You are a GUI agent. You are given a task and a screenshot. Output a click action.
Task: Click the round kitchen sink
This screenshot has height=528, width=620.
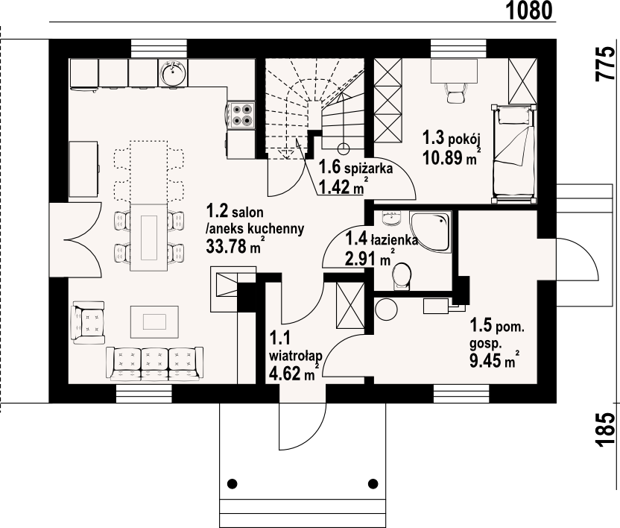[x=173, y=73]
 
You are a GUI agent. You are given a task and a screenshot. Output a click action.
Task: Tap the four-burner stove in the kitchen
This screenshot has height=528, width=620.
[x=241, y=115]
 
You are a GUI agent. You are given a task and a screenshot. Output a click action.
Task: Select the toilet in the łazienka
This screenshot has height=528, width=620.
[x=402, y=276]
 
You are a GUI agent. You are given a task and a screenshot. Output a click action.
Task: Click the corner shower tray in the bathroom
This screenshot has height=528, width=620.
[x=431, y=231]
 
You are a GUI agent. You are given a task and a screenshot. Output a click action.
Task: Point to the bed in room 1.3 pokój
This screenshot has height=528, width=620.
[x=514, y=154]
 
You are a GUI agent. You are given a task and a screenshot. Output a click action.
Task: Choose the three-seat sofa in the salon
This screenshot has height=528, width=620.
[x=154, y=364]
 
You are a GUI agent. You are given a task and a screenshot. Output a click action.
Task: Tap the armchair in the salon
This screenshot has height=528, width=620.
[x=89, y=322]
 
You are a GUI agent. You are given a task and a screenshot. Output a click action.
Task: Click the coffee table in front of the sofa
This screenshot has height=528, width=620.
[x=154, y=321]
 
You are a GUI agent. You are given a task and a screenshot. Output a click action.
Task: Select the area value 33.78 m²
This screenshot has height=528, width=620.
[x=234, y=246]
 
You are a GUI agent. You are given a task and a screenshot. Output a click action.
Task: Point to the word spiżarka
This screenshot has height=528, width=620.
[x=368, y=169]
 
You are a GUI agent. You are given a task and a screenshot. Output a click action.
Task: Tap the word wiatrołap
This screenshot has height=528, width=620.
[x=295, y=356]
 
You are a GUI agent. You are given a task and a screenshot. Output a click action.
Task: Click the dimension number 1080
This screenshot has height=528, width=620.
[x=529, y=10]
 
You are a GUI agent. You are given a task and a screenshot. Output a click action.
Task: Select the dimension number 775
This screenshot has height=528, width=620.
[x=606, y=64]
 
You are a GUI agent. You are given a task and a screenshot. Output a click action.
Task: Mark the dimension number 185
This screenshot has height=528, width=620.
[x=606, y=430]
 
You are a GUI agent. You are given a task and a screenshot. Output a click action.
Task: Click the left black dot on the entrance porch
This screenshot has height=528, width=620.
[x=232, y=484]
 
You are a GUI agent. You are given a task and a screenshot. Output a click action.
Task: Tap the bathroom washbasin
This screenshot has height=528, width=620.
[x=392, y=218]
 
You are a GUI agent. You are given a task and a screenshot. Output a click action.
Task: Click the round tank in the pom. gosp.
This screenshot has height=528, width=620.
[x=386, y=309]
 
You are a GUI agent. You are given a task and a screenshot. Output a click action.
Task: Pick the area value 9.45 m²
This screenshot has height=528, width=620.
[x=494, y=359]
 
